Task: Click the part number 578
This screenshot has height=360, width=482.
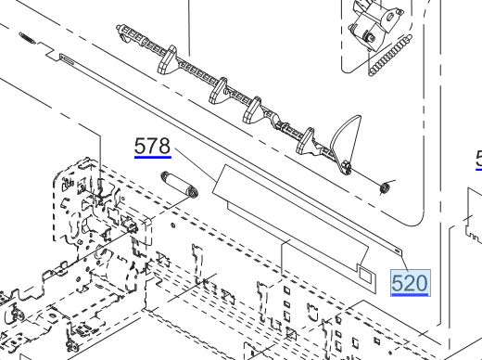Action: (x=152, y=146)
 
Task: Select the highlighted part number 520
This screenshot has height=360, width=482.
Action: (x=410, y=283)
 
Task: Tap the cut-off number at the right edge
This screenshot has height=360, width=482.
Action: (x=479, y=159)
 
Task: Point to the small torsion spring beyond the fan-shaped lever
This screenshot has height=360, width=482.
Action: (x=385, y=187)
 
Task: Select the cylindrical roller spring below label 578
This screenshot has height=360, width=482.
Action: (x=180, y=185)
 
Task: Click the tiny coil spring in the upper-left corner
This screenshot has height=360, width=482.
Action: (x=27, y=38)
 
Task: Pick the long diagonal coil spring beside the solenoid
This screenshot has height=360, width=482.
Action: (x=390, y=55)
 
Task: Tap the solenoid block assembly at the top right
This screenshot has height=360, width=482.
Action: (x=374, y=26)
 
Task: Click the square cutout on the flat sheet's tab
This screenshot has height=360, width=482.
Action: (x=364, y=275)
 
